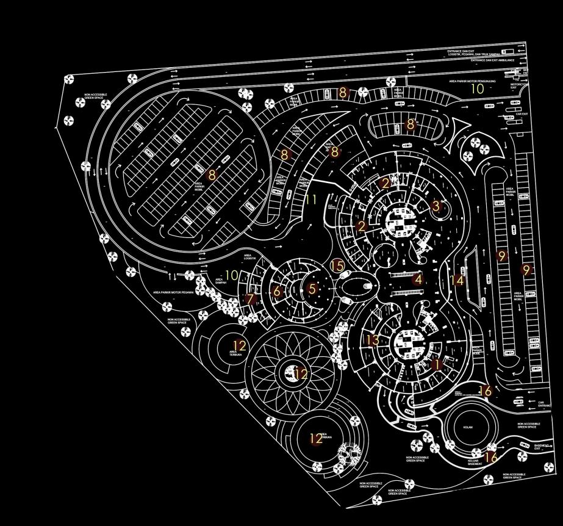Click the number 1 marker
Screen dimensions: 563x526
click(436, 365)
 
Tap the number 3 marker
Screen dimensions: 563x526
click(436, 206)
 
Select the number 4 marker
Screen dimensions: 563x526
click(417, 280)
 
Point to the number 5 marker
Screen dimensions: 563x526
click(313, 289)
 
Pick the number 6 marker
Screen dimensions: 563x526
click(277, 292)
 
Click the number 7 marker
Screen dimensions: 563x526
click(249, 300)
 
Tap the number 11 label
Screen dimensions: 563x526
click(311, 200)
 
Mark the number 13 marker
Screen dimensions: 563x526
click(373, 340)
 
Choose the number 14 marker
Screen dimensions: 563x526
click(457, 280)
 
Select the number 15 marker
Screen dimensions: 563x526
click(337, 265)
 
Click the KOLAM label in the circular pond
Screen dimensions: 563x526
click(468, 427)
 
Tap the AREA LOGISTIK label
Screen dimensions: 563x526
click(248, 257)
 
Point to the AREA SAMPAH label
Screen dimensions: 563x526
click(221, 281)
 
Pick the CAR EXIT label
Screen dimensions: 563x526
click(522, 113)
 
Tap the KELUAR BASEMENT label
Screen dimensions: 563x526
click(475, 463)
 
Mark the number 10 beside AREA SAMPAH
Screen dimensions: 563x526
click(232, 276)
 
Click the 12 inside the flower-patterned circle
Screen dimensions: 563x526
click(300, 374)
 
